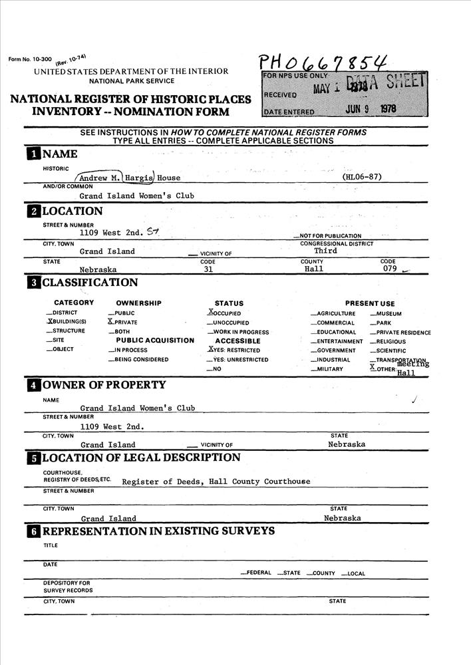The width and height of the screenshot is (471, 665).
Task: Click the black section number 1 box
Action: (32, 154)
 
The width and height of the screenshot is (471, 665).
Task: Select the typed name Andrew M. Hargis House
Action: (129, 178)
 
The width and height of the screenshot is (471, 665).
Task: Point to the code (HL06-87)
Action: (361, 178)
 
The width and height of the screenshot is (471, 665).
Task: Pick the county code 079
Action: (390, 269)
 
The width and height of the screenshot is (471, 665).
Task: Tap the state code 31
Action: (208, 269)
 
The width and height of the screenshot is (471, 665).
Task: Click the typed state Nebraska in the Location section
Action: (98, 270)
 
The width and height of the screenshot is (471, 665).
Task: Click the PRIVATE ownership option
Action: (124, 322)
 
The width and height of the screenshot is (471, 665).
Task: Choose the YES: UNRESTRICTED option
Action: (237, 360)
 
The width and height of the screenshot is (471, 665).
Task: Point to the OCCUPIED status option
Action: (225, 313)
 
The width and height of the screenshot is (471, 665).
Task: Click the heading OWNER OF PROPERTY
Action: (104, 385)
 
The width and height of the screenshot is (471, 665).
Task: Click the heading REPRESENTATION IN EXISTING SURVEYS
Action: (158, 531)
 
